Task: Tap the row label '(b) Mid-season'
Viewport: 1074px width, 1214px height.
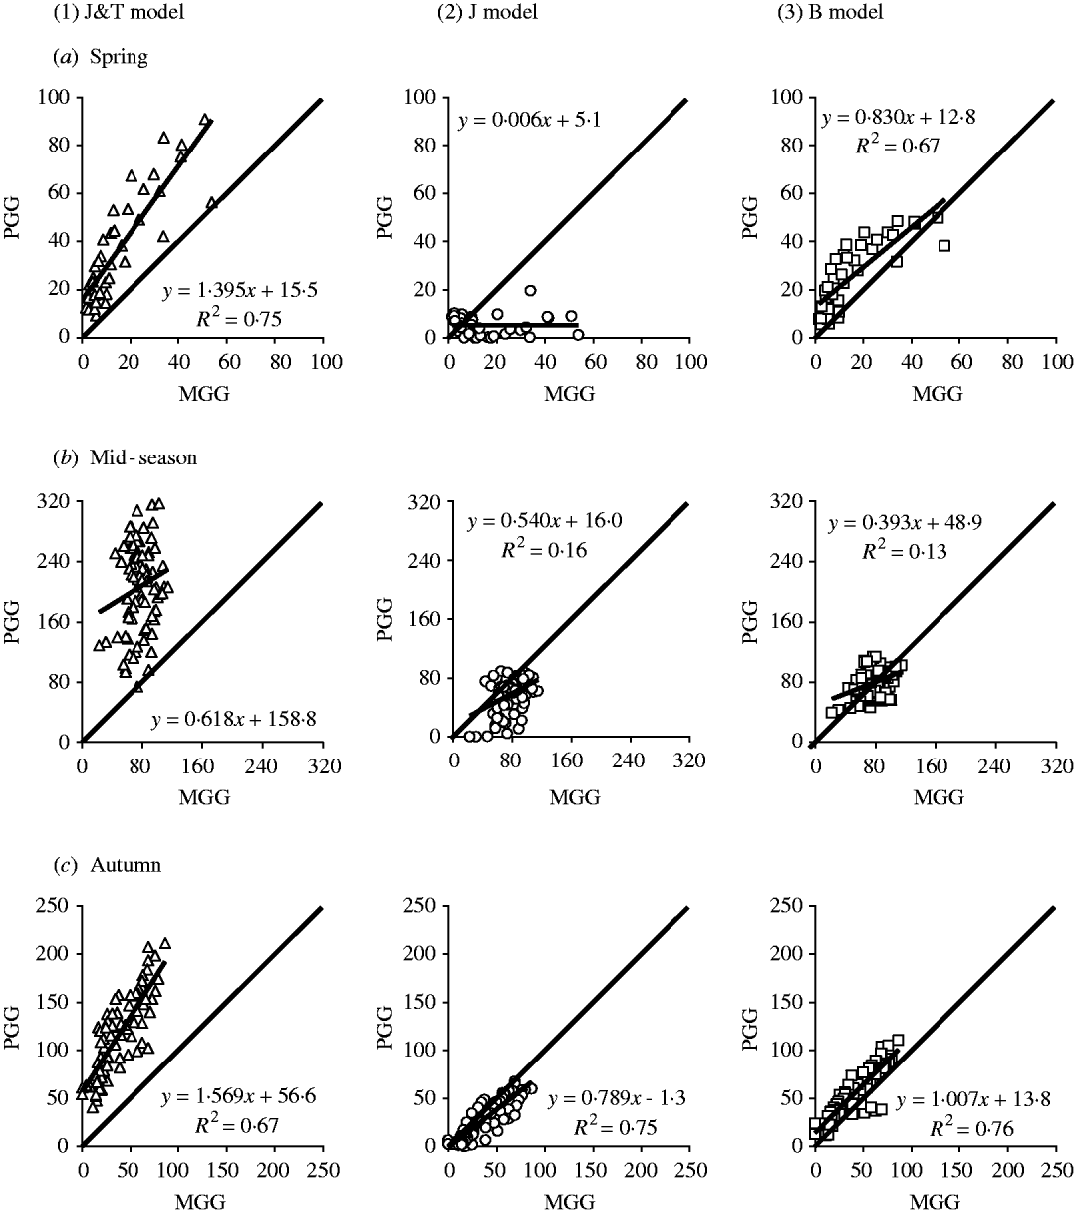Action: point(119,457)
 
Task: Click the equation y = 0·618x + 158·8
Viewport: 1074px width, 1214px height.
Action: point(234,717)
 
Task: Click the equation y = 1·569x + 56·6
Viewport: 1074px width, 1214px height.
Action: point(234,1100)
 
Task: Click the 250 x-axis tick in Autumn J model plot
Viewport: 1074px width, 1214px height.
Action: point(688,1167)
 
